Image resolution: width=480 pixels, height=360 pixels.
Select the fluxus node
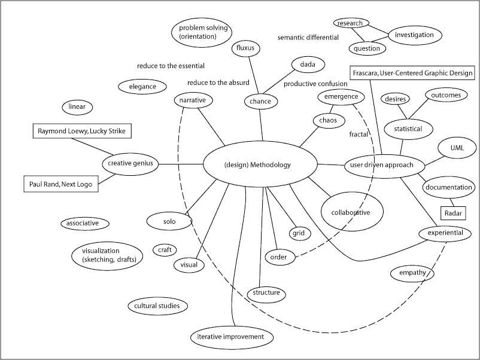[246, 47]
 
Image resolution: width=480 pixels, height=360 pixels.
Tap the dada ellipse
[308, 64]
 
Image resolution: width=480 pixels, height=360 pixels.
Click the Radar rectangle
[452, 213]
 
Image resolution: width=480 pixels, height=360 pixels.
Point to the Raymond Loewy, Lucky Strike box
[82, 130]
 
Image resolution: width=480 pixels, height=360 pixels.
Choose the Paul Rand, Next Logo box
[60, 184]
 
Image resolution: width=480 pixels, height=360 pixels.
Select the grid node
[298, 233]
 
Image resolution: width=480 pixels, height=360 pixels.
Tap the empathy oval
[412, 273]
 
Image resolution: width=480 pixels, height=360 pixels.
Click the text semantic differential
[308, 37]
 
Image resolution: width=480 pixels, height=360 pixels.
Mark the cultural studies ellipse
[157, 306]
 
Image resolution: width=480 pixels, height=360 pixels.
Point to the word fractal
[359, 135]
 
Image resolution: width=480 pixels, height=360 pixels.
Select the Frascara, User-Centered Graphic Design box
[412, 73]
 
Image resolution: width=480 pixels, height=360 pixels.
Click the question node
[366, 48]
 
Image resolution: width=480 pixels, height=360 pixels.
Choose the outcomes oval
[446, 94]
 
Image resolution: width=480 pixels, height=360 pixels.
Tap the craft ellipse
[165, 250]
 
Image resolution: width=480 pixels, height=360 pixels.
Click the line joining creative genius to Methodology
[181, 164]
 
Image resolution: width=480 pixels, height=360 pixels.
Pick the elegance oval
[142, 87]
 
